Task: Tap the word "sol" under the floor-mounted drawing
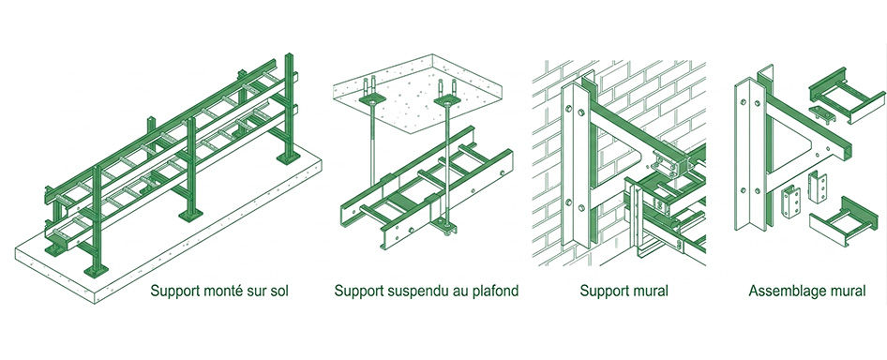pos(279,292)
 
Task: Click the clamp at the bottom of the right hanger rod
pos(444,229)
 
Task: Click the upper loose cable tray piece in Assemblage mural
pos(847,97)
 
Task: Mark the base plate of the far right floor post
pos(289,157)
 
